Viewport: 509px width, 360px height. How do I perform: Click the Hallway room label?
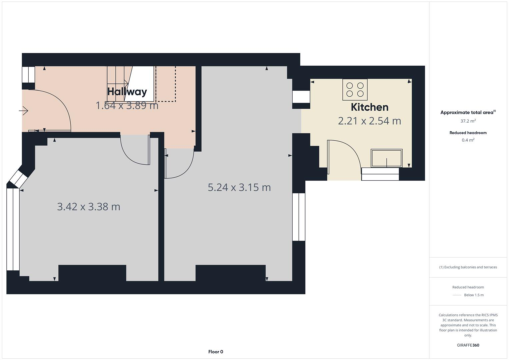(x=127, y=92)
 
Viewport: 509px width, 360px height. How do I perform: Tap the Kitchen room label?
(x=369, y=107)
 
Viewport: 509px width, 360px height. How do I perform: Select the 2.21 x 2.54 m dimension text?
(x=369, y=121)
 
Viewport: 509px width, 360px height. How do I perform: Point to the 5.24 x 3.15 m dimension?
(x=239, y=187)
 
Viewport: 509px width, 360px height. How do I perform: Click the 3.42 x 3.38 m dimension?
(x=89, y=207)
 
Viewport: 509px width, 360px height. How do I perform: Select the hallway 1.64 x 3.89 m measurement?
(x=127, y=106)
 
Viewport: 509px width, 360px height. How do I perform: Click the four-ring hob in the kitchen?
(x=355, y=89)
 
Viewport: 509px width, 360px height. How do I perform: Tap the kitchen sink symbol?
(x=386, y=158)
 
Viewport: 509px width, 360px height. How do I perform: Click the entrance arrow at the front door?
(x=24, y=111)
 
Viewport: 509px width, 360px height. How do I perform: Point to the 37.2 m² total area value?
(x=468, y=121)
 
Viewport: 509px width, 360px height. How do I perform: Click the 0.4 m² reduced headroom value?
(x=468, y=140)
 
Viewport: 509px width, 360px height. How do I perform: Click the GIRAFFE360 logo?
(x=468, y=345)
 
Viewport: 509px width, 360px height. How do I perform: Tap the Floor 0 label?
(x=216, y=352)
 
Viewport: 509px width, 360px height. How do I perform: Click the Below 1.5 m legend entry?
(x=473, y=295)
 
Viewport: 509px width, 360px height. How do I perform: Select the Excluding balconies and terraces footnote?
(x=468, y=267)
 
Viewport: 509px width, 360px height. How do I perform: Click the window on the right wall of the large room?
(x=299, y=217)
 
